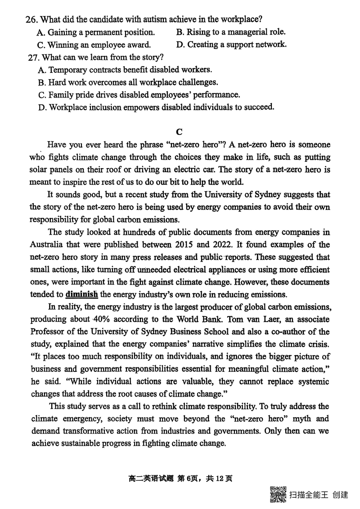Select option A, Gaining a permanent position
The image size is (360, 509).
[x=96, y=32]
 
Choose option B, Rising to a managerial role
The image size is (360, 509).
[x=231, y=32]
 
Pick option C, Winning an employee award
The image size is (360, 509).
[x=94, y=45]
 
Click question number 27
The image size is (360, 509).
[x=34, y=58]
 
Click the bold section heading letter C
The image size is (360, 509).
[x=179, y=132]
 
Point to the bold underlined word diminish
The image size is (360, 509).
[x=82, y=295]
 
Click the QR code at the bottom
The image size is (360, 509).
[x=278, y=495]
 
